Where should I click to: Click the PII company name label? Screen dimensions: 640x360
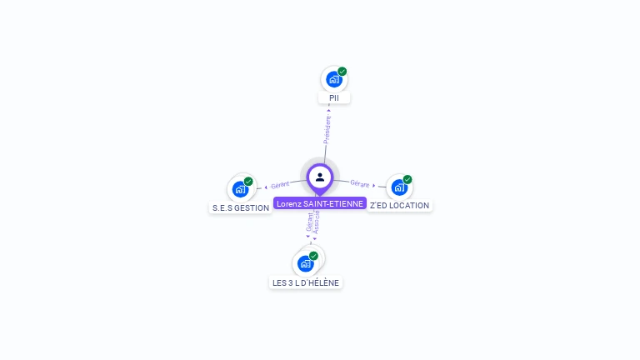(x=334, y=97)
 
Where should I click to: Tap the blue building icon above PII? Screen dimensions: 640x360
(x=333, y=79)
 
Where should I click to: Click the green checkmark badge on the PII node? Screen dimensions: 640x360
(x=342, y=72)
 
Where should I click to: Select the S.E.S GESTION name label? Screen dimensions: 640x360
(x=241, y=207)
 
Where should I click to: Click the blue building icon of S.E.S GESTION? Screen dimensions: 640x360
(x=240, y=189)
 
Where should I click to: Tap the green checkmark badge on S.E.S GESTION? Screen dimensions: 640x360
(x=248, y=181)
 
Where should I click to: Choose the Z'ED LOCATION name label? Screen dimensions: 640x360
(x=400, y=205)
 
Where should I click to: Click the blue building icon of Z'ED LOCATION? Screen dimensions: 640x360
(x=398, y=187)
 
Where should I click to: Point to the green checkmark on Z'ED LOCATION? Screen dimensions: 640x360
(x=407, y=179)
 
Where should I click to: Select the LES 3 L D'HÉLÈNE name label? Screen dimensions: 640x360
(x=306, y=282)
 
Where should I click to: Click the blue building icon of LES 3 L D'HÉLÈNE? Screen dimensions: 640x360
(x=305, y=263)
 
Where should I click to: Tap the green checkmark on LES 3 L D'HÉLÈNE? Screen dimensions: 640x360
(x=314, y=256)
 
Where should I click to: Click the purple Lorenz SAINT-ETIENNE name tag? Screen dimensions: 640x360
(x=320, y=203)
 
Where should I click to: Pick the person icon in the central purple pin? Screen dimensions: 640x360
(x=320, y=177)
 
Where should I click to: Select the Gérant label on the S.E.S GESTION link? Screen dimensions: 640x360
(x=280, y=184)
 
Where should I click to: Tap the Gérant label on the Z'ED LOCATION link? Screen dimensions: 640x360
(x=360, y=183)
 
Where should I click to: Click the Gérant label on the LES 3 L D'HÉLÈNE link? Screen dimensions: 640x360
(x=310, y=222)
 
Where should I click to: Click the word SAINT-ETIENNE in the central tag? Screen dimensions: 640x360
(x=334, y=203)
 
